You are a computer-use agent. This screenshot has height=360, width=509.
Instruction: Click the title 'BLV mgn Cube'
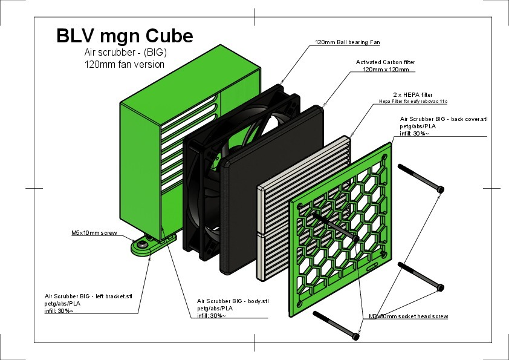[x=125, y=36]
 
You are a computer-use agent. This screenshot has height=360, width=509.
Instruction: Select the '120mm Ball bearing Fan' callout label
[x=348, y=43]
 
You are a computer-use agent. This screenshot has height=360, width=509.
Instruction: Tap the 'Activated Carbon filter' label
[x=386, y=62]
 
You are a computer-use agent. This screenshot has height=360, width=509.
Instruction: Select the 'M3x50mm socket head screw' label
[x=408, y=316]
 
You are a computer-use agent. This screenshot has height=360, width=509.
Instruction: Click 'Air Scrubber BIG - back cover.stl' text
[x=444, y=120]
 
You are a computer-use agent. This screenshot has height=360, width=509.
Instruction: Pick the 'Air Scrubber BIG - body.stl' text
[x=232, y=301]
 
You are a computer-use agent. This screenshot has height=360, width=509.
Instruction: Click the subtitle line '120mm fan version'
[x=124, y=64]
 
